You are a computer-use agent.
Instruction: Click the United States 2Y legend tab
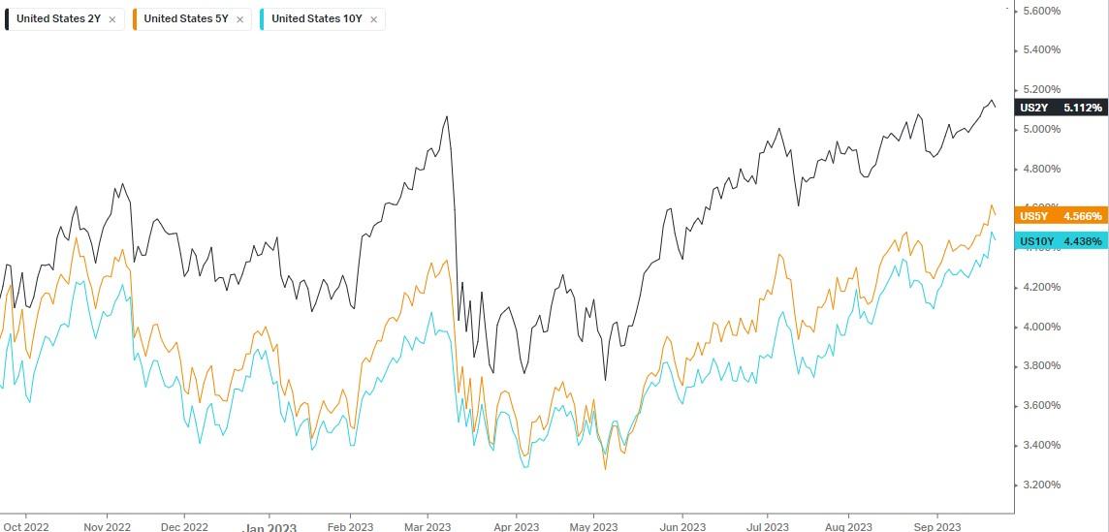pyautogui.click(x=58, y=18)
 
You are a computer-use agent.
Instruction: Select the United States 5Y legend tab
pyautogui.click(x=185, y=18)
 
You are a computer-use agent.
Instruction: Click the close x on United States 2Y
pyautogui.click(x=112, y=18)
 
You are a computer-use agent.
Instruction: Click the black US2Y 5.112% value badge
pyautogui.click(x=1061, y=108)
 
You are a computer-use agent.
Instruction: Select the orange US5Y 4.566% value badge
pyautogui.click(x=1061, y=216)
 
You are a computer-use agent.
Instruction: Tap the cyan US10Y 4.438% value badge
pyautogui.click(x=1061, y=241)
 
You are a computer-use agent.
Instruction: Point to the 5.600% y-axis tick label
pyautogui.click(x=1042, y=11)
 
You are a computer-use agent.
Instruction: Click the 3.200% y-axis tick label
pyautogui.click(x=1042, y=485)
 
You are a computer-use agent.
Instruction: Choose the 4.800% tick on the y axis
pyautogui.click(x=1042, y=169)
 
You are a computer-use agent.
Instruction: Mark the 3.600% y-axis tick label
pyautogui.click(x=1042, y=405)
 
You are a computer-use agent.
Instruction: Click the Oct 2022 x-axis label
pyautogui.click(x=26, y=525)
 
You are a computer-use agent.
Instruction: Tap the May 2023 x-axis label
pyautogui.click(x=594, y=525)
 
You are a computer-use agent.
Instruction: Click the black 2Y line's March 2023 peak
pyautogui.click(x=447, y=116)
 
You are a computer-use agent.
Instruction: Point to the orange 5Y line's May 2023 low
pyautogui.click(x=606, y=469)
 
